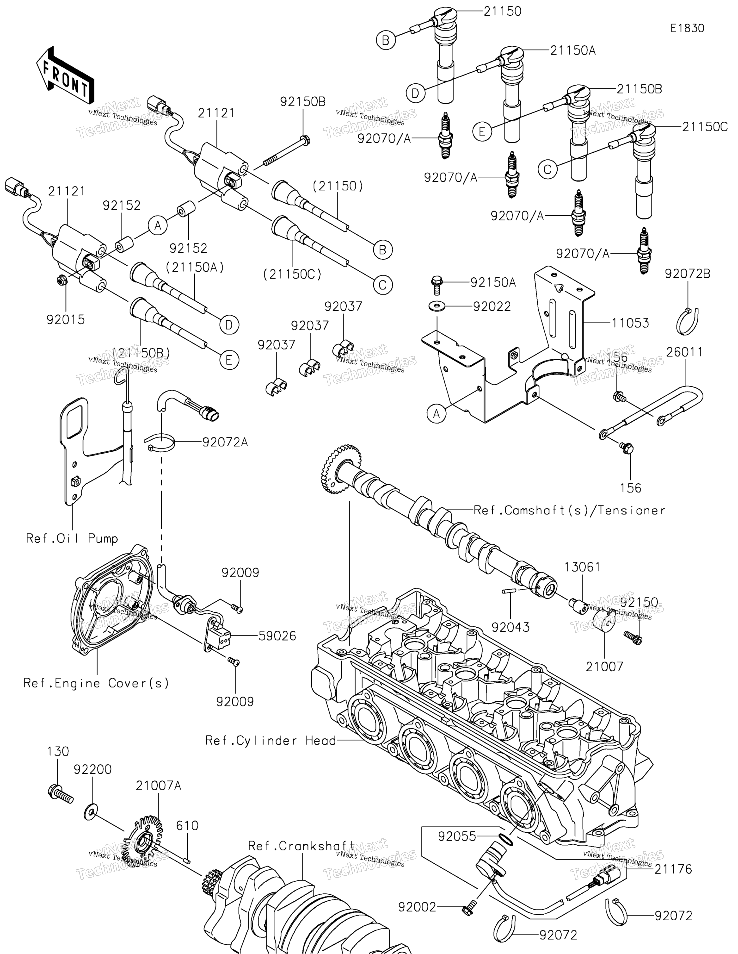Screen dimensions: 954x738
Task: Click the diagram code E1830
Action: pos(687,28)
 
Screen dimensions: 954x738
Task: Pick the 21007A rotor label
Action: pos(158,786)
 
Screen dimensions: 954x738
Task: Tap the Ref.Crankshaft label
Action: pos(301,846)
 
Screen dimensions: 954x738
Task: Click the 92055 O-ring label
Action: pos(457,836)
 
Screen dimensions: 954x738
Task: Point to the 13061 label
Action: pos(582,567)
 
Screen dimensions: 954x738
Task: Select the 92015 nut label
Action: pos(66,320)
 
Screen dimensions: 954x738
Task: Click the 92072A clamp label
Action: pos(225,443)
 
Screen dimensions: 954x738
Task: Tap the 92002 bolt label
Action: pos(417,907)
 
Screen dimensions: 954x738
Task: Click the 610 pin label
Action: pos(187,826)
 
